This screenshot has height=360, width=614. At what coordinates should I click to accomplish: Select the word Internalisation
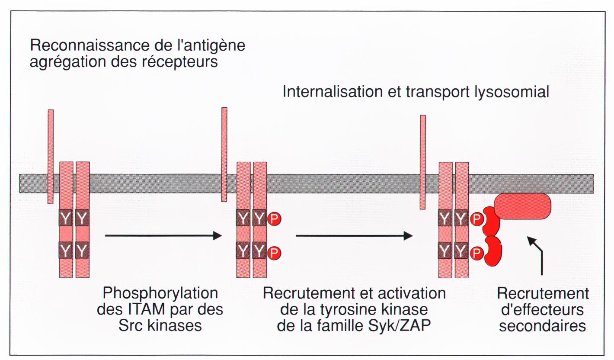[x=333, y=91]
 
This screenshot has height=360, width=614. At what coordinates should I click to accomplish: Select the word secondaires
[x=543, y=326]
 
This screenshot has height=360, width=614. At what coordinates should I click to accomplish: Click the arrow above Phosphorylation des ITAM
[x=163, y=236]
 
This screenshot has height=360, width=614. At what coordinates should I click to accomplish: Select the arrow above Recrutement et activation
[x=354, y=236]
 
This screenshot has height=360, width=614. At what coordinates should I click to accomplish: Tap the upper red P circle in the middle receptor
[x=274, y=219]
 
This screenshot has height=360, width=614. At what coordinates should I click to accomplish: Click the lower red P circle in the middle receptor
[x=274, y=253]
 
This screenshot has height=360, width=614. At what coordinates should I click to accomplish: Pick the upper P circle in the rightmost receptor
[x=476, y=219]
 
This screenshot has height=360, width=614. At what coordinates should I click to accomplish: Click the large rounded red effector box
[x=522, y=206]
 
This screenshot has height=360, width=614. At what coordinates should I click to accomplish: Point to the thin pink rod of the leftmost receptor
[x=51, y=157]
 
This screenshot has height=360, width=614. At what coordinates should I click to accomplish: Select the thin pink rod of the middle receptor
[x=224, y=154]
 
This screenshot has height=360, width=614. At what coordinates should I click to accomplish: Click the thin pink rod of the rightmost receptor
[x=423, y=162]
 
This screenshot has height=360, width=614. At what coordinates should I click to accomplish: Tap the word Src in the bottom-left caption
[x=131, y=326]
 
